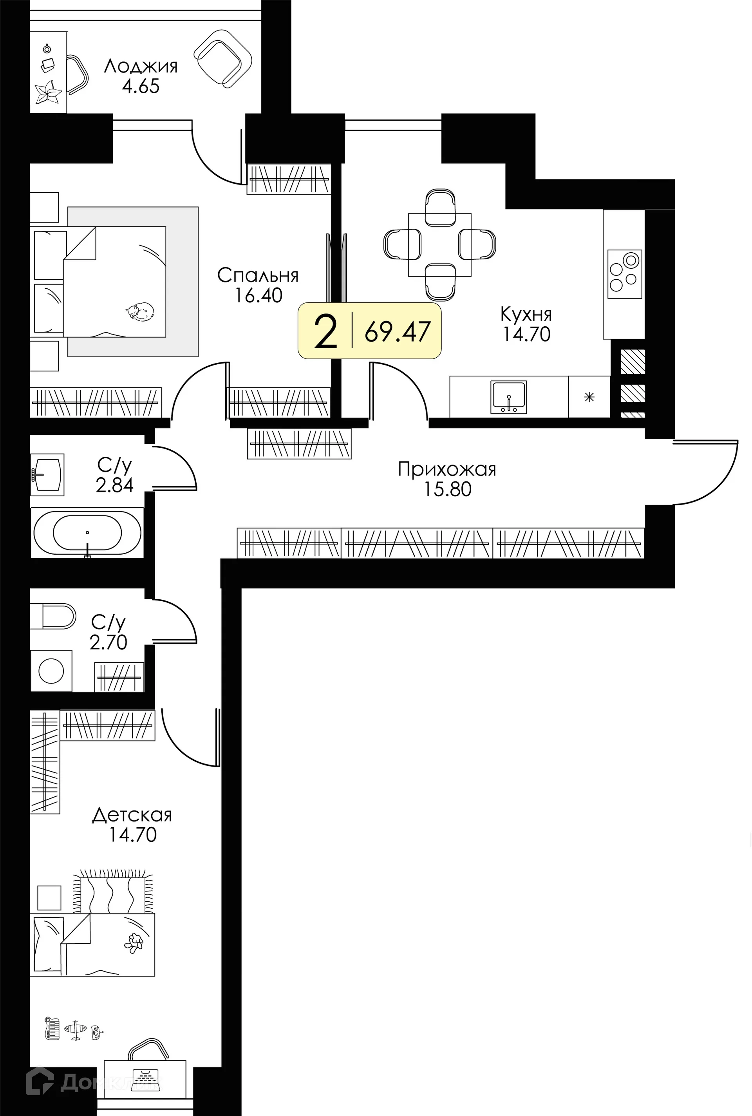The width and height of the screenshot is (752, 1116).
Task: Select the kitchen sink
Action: (x=508, y=397)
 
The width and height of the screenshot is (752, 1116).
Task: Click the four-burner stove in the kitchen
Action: (x=624, y=274)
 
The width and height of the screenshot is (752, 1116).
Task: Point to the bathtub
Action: (x=87, y=533)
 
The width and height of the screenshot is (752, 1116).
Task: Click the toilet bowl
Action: (x=53, y=616)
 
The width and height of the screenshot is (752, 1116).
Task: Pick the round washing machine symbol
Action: (x=51, y=671)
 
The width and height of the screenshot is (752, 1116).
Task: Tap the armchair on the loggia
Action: (x=222, y=58)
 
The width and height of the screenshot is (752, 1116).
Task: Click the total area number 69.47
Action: (x=397, y=331)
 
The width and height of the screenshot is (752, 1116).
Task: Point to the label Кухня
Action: (x=526, y=314)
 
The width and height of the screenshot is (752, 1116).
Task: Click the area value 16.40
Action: (x=258, y=295)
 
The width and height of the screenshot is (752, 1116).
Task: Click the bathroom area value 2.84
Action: (x=115, y=485)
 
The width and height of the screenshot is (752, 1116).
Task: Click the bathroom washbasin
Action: (x=47, y=475)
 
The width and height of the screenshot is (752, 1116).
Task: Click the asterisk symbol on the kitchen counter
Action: (x=589, y=397)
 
